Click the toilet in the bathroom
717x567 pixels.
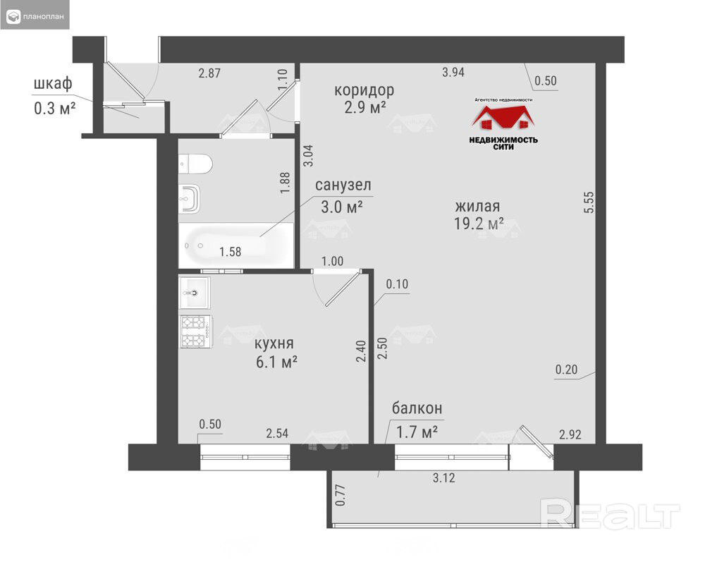[195, 164]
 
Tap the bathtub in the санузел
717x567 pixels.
[235, 245]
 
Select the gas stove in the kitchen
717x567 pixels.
[195, 331]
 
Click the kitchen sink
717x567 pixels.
[195, 293]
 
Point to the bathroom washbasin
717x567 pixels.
[190, 198]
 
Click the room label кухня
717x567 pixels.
[274, 343]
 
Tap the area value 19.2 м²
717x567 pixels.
[479, 224]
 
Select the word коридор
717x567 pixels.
[364, 90]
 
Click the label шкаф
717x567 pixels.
[53, 84]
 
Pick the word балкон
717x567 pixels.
[417, 408]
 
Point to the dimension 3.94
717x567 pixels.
[453, 72]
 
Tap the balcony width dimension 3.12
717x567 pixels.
[443, 478]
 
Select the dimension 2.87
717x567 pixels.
[209, 73]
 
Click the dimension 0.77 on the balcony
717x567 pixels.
[341, 495]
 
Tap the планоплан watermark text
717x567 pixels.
[44, 17]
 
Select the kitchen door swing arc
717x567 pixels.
[317, 291]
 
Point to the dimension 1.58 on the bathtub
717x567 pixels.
[230, 252]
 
